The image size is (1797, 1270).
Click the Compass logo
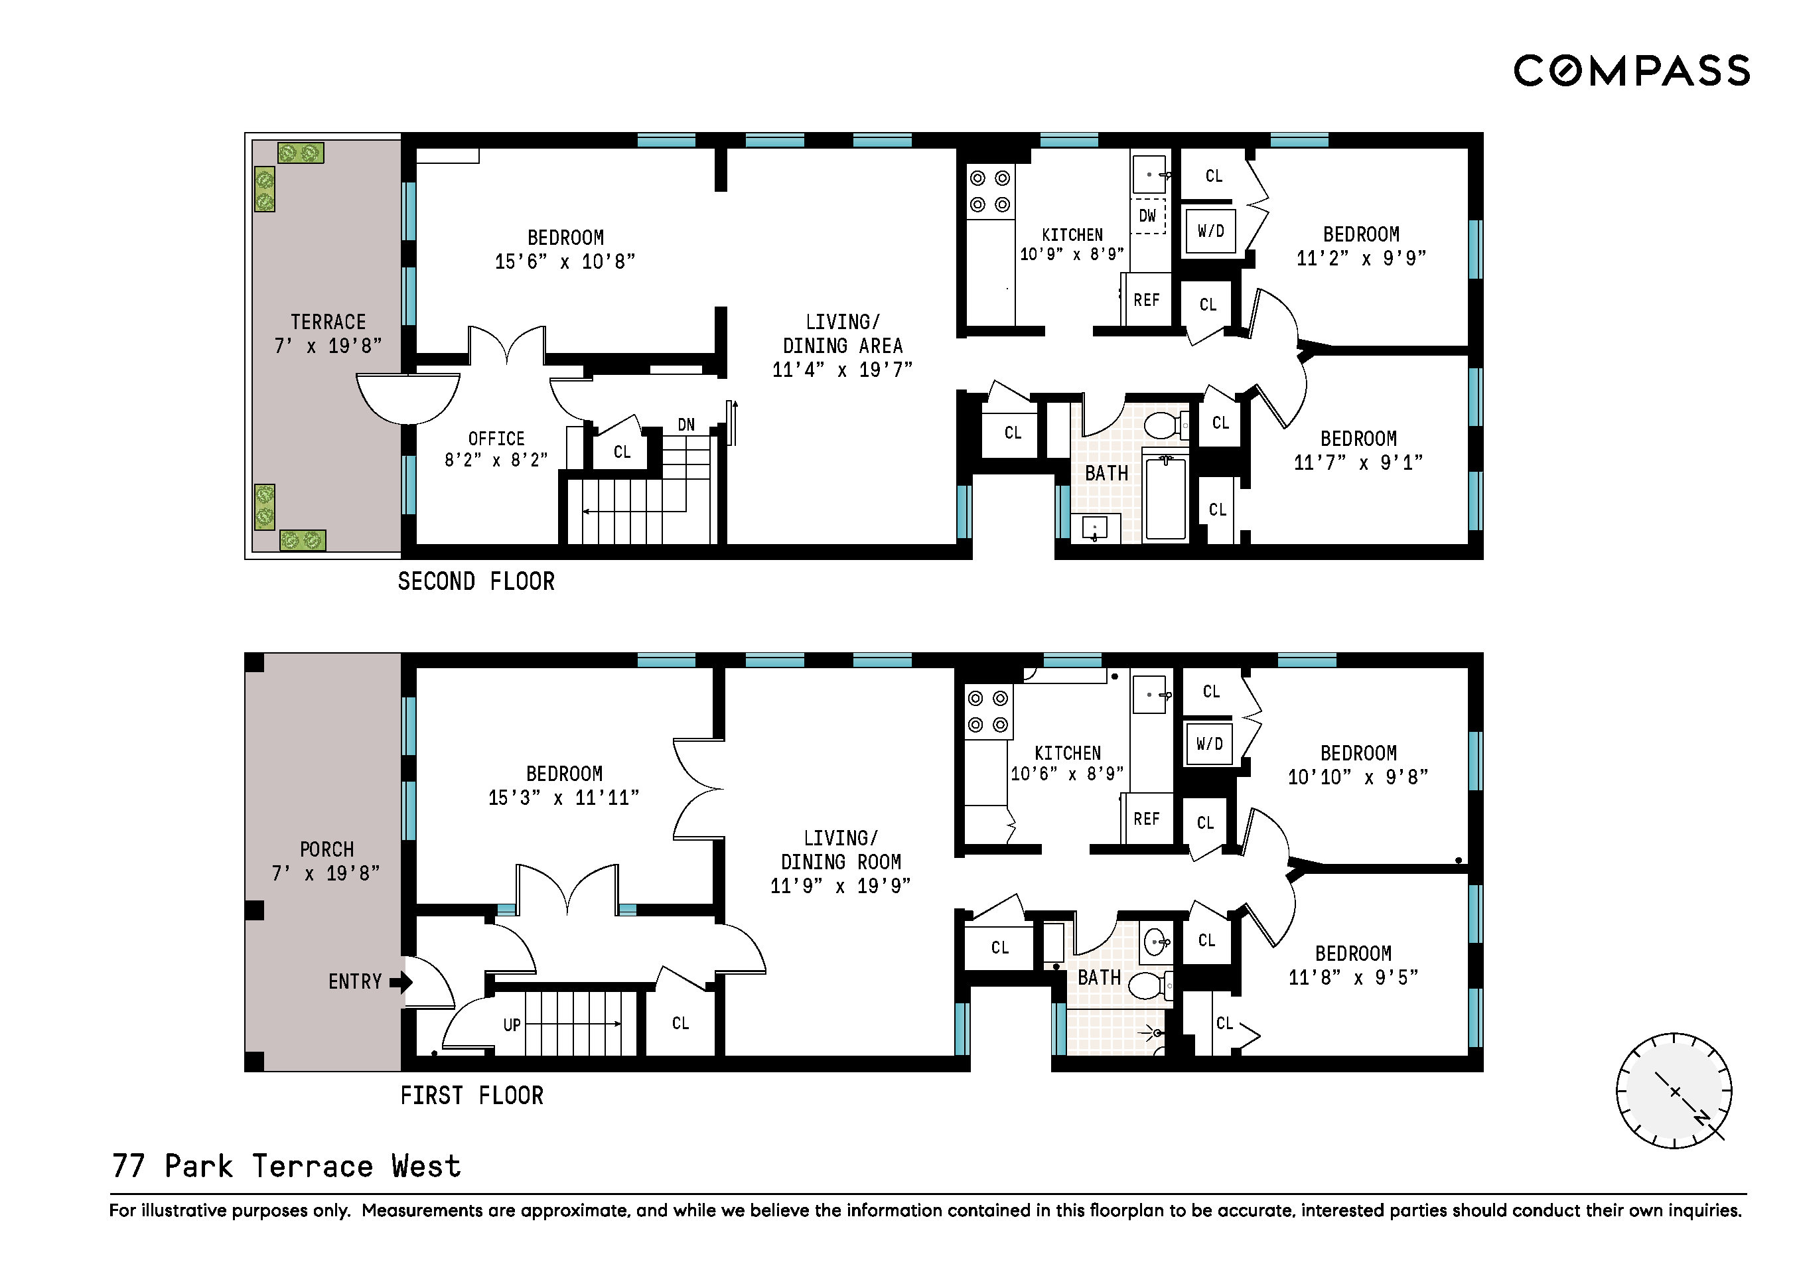pyautogui.click(x=1632, y=70)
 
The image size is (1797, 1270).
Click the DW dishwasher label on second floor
pyautogui.click(x=1147, y=216)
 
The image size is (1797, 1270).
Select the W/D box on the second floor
pyautogui.click(x=1210, y=231)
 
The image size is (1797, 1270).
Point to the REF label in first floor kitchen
pyautogui.click(x=1147, y=819)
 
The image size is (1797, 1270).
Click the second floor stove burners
pyautogui.click(x=990, y=192)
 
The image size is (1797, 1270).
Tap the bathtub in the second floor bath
pyautogui.click(x=1165, y=498)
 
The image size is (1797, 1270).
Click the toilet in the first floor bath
pyautogui.click(x=1150, y=986)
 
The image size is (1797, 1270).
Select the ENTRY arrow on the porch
pyautogui.click(x=401, y=981)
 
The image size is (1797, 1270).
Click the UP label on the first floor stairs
pyautogui.click(x=512, y=1025)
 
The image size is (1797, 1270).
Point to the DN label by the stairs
pyautogui.click(x=686, y=425)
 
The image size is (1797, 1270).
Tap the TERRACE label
pyautogui.click(x=328, y=322)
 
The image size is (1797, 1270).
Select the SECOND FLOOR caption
pyautogui.click(x=476, y=581)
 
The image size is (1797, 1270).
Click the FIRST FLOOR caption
pyautogui.click(x=472, y=1095)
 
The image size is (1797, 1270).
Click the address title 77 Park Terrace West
pyautogui.click(x=287, y=1166)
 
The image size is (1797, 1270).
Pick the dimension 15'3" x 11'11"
pyautogui.click(x=563, y=798)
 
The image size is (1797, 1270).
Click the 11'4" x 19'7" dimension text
pyautogui.click(x=842, y=370)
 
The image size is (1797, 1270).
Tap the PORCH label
pyautogui.click(x=326, y=850)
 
